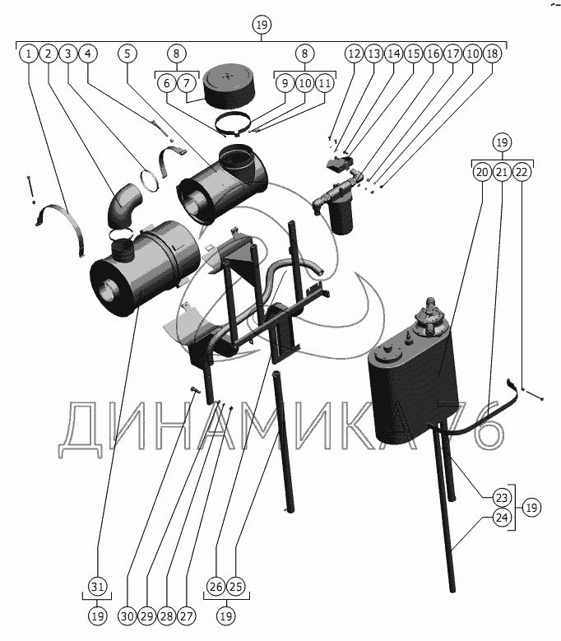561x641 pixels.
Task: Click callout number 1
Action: (x=29, y=53)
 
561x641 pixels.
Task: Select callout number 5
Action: (x=128, y=53)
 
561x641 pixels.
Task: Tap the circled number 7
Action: (x=187, y=83)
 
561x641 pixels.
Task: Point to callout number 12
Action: (x=354, y=53)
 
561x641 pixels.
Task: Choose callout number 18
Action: (x=492, y=53)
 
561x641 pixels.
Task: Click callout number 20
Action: (x=481, y=172)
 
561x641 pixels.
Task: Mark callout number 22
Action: (x=521, y=172)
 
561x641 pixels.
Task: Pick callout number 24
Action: (x=502, y=518)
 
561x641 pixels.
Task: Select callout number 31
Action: (x=98, y=587)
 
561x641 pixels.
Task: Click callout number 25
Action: (x=236, y=587)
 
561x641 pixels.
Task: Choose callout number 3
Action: (x=68, y=53)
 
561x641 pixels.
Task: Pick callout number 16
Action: (x=433, y=53)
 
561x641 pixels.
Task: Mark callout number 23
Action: (x=502, y=498)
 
